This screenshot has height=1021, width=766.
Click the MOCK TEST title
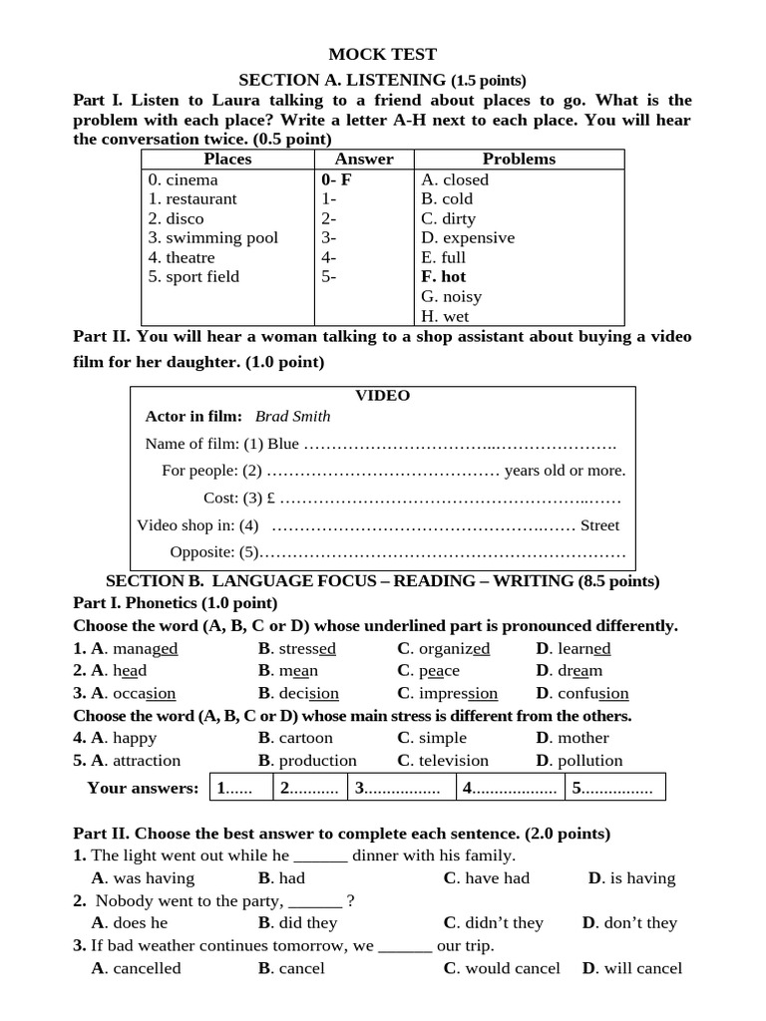(383, 55)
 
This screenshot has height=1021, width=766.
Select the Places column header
(227, 160)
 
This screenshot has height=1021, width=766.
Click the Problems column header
(519, 160)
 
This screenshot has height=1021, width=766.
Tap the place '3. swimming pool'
(212, 238)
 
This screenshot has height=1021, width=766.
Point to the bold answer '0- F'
(336, 180)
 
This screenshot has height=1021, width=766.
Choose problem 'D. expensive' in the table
(468, 238)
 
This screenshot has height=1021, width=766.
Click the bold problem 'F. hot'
(443, 277)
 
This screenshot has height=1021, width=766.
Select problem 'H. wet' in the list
(444, 316)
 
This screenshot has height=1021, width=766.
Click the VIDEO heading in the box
(383, 396)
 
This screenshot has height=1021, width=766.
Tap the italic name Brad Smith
(292, 417)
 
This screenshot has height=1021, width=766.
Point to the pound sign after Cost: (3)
(271, 498)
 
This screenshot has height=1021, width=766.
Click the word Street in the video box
(599, 525)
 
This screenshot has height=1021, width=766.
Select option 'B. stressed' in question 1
(297, 649)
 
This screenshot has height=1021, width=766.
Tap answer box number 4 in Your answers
(509, 788)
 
